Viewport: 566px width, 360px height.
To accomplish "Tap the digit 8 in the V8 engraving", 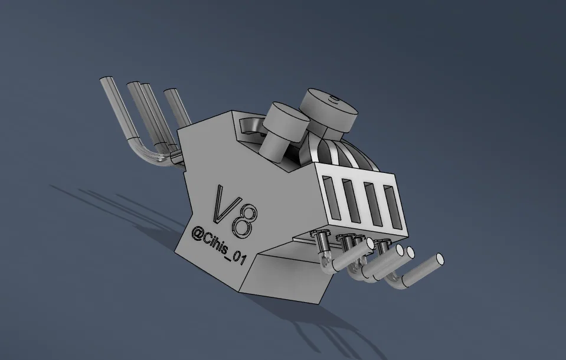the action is [246, 222].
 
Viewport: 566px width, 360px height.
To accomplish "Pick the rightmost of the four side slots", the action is [392, 208].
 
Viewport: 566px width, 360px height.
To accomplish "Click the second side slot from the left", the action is [351, 201].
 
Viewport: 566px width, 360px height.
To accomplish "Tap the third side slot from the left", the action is [373, 204].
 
